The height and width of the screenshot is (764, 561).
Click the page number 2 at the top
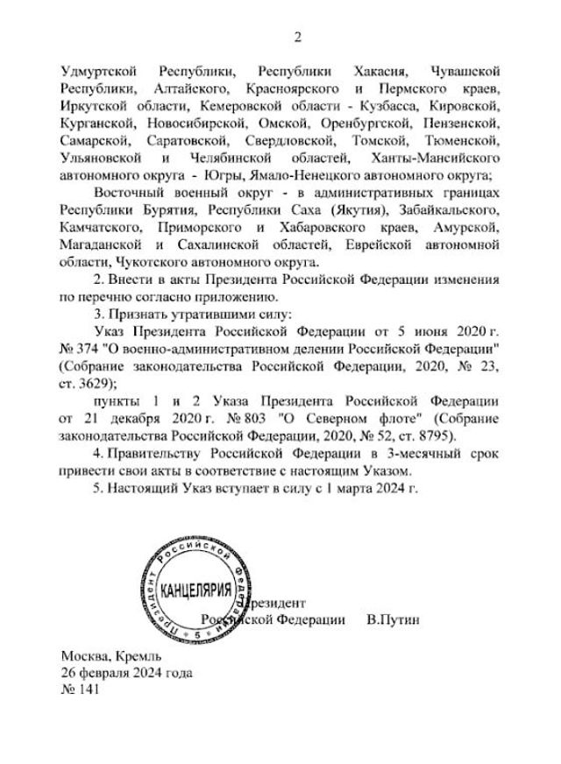pyautogui.click(x=297, y=37)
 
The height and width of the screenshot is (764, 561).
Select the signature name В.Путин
pyautogui.click(x=394, y=619)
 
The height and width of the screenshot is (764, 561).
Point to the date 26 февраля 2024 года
pyautogui.click(x=125, y=673)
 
